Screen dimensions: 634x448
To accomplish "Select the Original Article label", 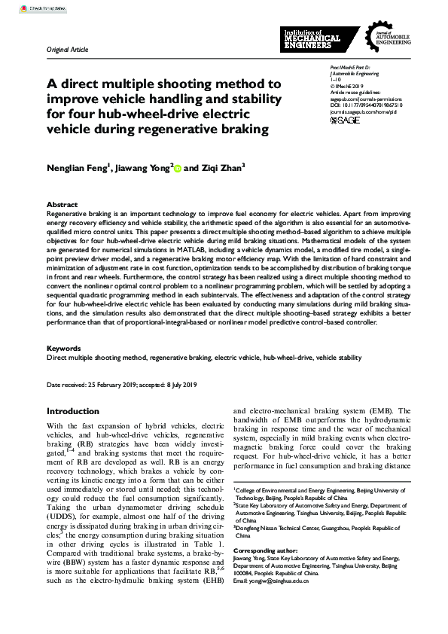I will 67,50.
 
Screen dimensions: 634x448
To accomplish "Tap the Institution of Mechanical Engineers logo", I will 311,40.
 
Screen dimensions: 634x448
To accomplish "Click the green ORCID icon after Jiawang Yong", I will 178,169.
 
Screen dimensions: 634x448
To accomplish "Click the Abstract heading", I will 62,205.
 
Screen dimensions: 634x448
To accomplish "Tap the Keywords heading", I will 64,349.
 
